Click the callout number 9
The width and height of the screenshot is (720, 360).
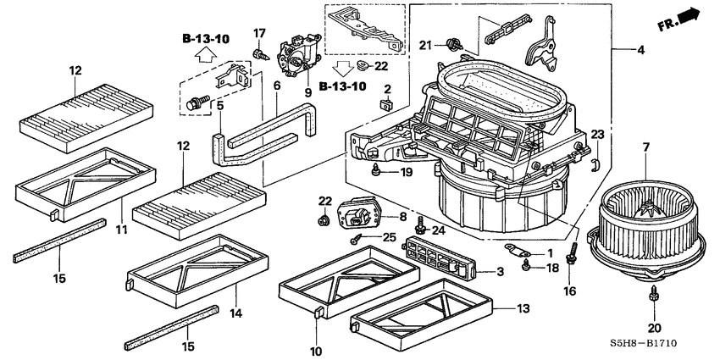307,91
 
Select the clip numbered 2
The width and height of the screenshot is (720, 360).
385,106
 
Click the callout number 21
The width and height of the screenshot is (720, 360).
425,44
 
